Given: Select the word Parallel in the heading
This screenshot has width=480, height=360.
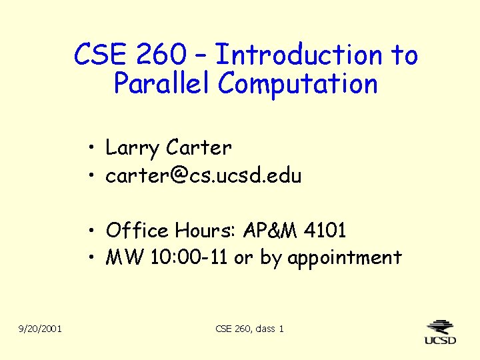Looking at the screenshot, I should pos(161,84).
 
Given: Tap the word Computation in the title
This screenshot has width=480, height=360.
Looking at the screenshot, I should pos(297,84).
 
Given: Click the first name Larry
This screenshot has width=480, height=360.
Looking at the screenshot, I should pos(133,148).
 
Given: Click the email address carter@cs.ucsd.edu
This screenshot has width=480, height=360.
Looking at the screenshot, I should pos(203,176).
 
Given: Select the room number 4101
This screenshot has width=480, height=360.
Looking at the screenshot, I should pos(325,231).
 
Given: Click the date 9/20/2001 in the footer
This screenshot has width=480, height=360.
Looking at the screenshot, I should pos(41,328).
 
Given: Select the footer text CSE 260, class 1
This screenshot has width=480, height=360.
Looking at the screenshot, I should pos(250,328).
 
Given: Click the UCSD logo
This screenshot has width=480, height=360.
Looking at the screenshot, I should pos(441,331).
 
